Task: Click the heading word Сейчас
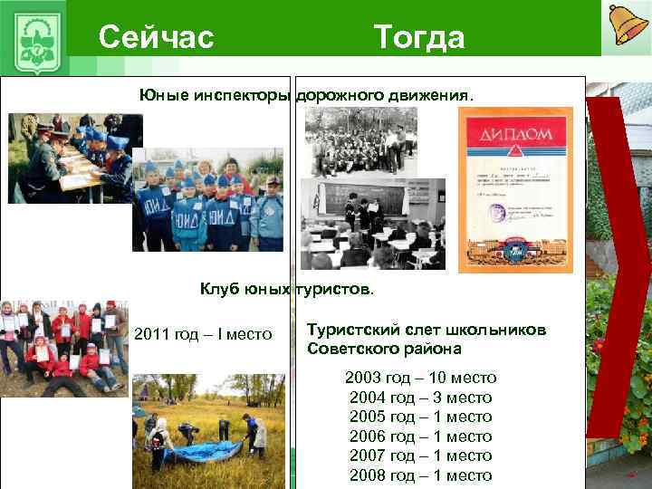tap(156, 37)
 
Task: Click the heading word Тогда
tap(418, 37)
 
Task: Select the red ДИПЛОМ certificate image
tap(514, 187)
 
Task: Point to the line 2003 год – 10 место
tap(420, 378)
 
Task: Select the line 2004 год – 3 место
tap(420, 398)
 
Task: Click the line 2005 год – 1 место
tap(420, 417)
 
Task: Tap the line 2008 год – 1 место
tap(420, 475)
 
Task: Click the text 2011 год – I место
tap(203, 335)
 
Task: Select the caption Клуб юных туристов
tap(285, 290)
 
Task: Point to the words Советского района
tap(384, 349)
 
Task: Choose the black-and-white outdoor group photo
tap(360, 142)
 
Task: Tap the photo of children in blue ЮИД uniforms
tap(207, 200)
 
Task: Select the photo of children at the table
tap(74, 158)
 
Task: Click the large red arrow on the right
tap(618, 263)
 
